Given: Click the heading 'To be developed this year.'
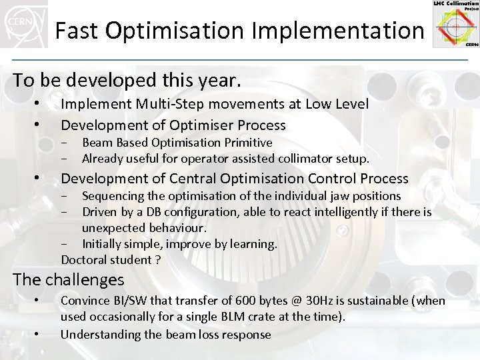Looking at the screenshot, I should click(x=126, y=81).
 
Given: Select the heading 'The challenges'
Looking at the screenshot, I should click(x=69, y=279).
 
